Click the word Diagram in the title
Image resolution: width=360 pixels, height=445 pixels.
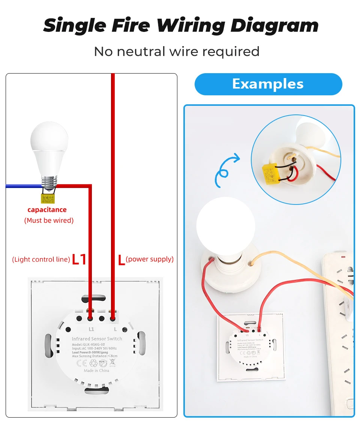[x=274, y=25]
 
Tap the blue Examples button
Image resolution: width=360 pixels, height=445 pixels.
[x=268, y=84]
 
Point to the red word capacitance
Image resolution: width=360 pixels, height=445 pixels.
[x=47, y=210]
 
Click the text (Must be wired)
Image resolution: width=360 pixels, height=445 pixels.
[x=49, y=220]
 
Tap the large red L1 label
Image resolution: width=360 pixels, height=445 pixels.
[x=79, y=259]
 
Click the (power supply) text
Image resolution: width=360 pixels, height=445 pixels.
[x=150, y=259]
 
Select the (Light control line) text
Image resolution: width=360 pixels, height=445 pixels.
[x=41, y=259]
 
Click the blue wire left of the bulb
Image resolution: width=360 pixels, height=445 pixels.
[x=22, y=186]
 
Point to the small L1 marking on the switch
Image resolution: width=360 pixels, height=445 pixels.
[x=91, y=329]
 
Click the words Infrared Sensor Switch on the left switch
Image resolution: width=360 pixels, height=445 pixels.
[x=97, y=338]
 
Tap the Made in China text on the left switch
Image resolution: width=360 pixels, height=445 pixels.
[x=96, y=370]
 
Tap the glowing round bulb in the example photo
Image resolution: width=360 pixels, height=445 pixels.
[x=225, y=225]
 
